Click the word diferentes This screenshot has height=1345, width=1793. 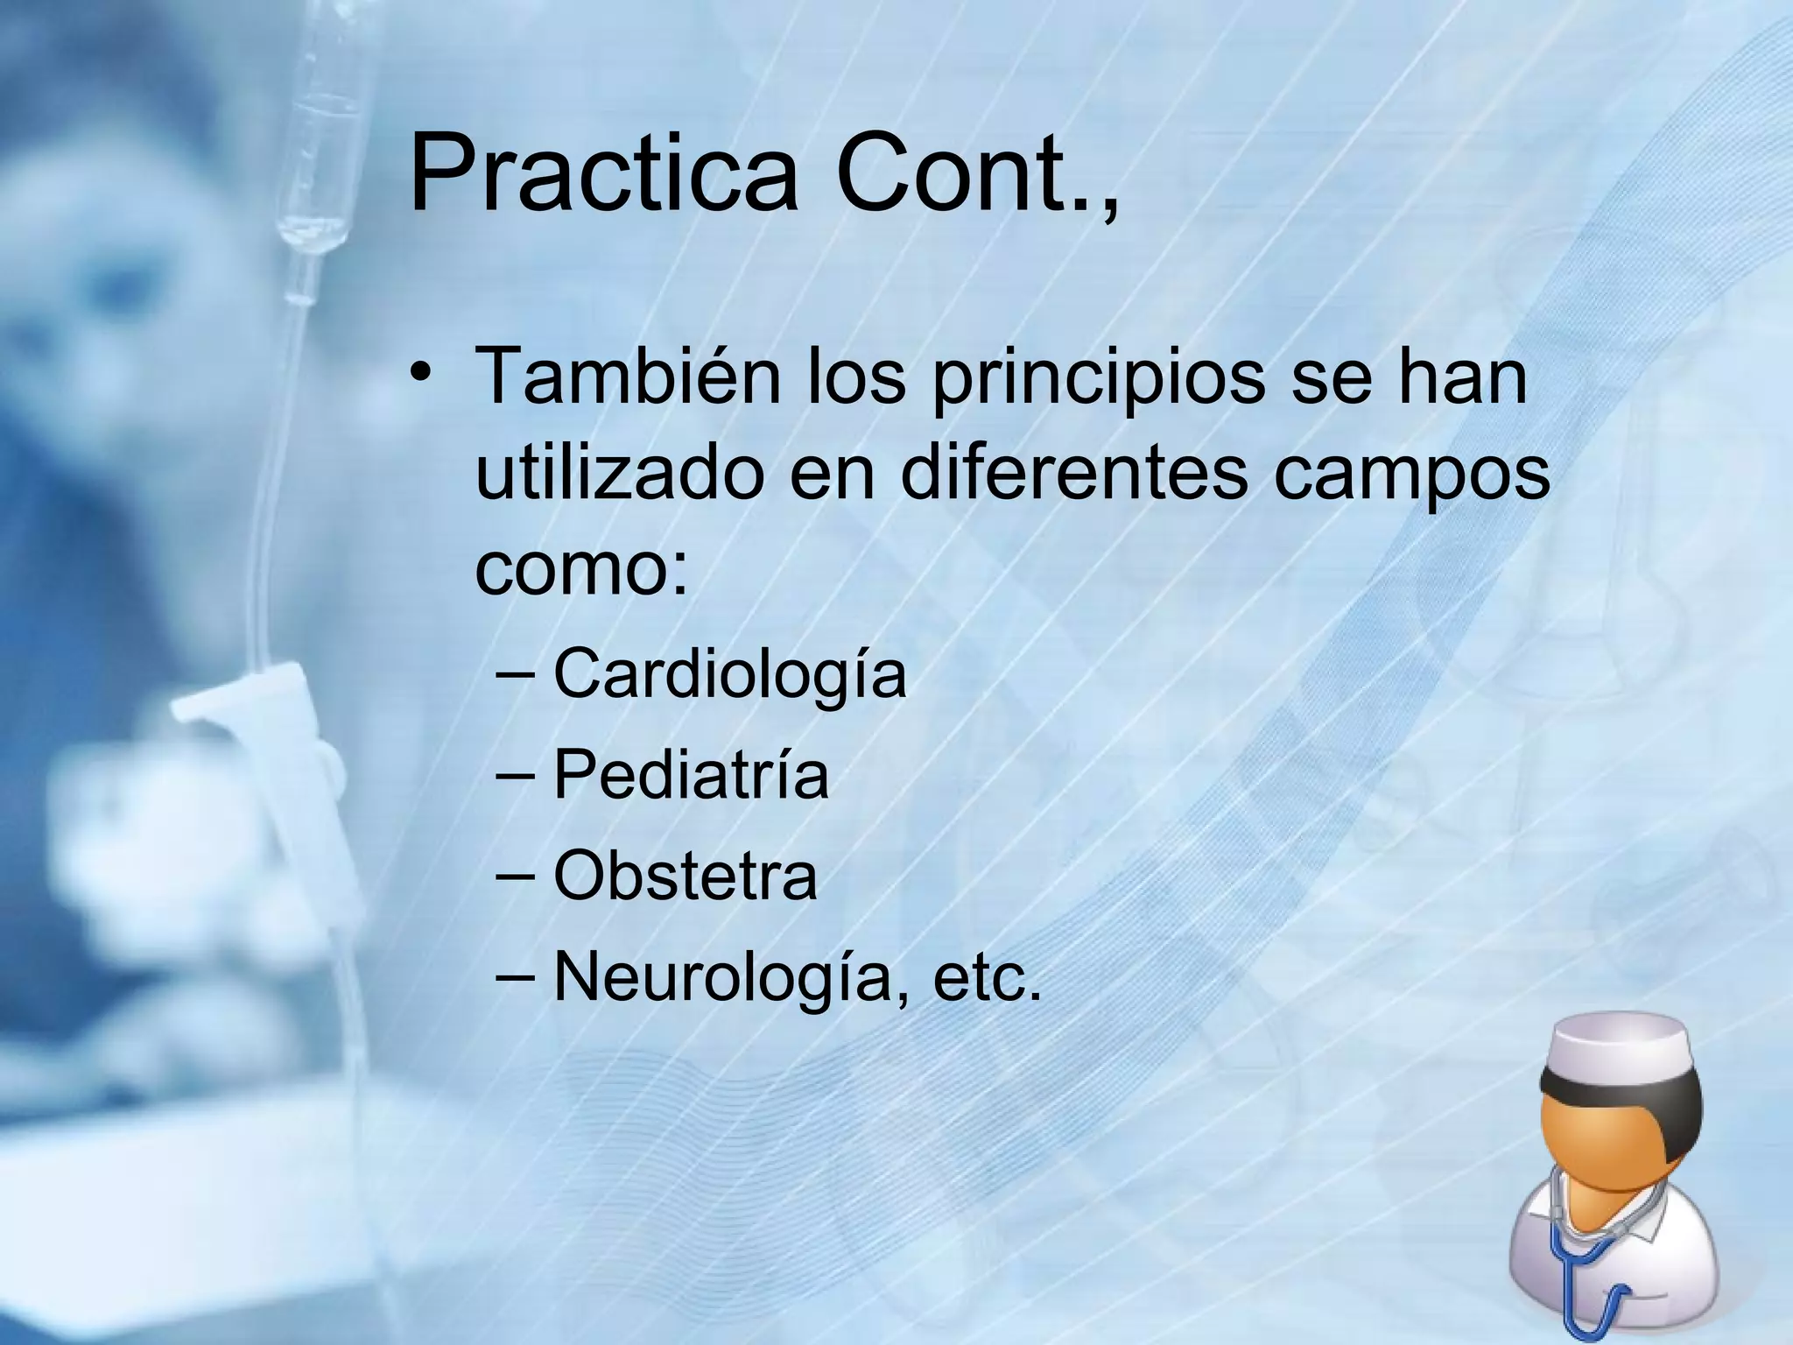(1073, 473)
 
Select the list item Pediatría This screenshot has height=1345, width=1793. (691, 775)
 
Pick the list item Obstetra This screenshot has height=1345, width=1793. (686, 876)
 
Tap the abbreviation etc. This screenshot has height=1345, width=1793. (988, 976)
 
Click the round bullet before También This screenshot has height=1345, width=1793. (421, 372)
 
